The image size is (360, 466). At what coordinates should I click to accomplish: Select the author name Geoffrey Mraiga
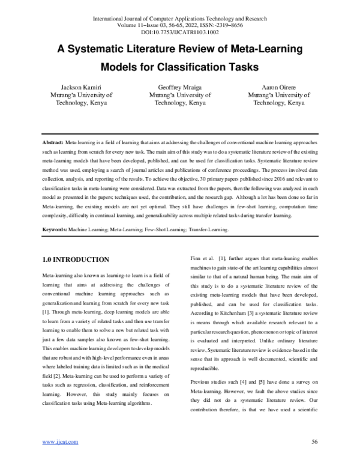179,86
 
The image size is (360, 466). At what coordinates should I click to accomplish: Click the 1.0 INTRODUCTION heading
75,259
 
